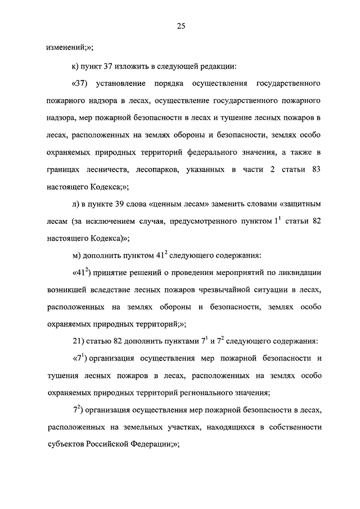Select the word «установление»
click(124, 84)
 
